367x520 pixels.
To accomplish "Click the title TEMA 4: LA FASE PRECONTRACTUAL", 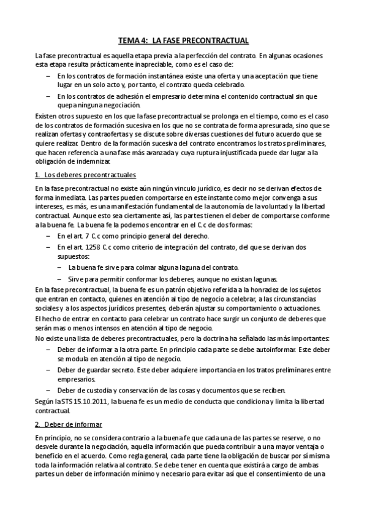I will tap(183, 40).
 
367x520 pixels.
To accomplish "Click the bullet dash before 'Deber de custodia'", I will tap(49, 391).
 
